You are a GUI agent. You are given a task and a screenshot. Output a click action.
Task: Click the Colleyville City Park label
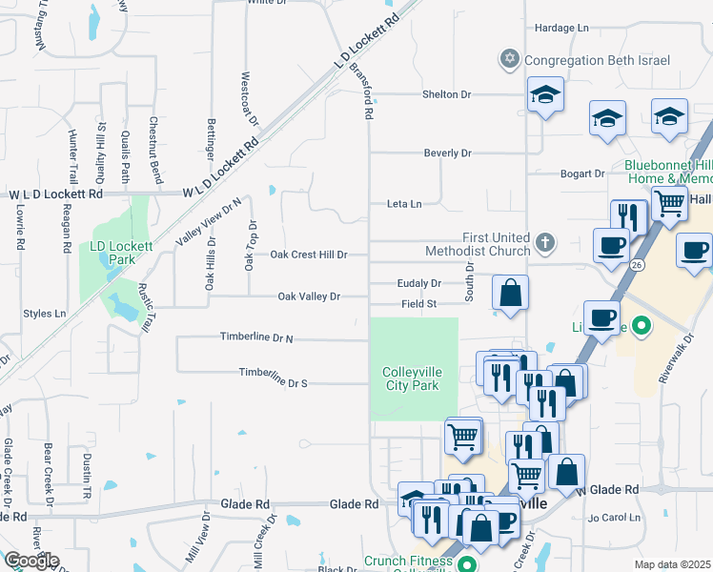(410, 378)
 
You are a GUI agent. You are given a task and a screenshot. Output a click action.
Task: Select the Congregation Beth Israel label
(597, 60)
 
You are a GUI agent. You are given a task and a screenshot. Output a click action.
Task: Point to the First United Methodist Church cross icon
(544, 242)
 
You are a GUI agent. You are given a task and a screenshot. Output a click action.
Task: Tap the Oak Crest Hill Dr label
(308, 255)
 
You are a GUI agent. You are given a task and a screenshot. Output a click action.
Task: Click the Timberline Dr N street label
(256, 337)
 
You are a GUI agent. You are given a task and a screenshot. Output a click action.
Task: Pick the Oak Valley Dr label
(309, 296)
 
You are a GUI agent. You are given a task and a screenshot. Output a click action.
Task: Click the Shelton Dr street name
(447, 94)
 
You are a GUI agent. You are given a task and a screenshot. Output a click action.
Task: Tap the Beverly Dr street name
(448, 153)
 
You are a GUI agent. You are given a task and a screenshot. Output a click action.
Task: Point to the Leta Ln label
(403, 203)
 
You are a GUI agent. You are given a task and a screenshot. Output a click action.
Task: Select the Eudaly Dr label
(419, 283)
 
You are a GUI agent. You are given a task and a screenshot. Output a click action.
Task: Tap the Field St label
(418, 304)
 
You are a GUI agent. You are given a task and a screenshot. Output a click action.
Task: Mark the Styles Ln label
(45, 313)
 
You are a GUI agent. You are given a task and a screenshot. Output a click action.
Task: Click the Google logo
(31, 561)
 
